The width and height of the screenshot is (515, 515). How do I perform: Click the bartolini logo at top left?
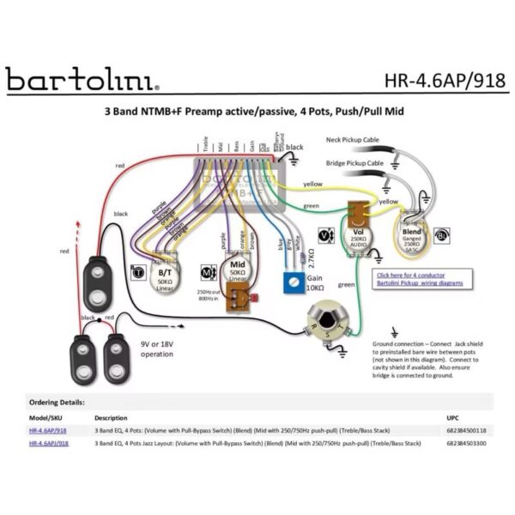82,80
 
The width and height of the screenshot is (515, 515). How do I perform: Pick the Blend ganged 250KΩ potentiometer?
413,234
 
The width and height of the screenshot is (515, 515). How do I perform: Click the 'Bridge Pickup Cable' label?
356,162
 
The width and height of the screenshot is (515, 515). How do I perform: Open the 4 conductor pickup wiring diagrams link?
421,279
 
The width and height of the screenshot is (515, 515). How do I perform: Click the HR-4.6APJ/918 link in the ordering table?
48,444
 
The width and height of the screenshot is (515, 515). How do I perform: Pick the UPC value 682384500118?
466,430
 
